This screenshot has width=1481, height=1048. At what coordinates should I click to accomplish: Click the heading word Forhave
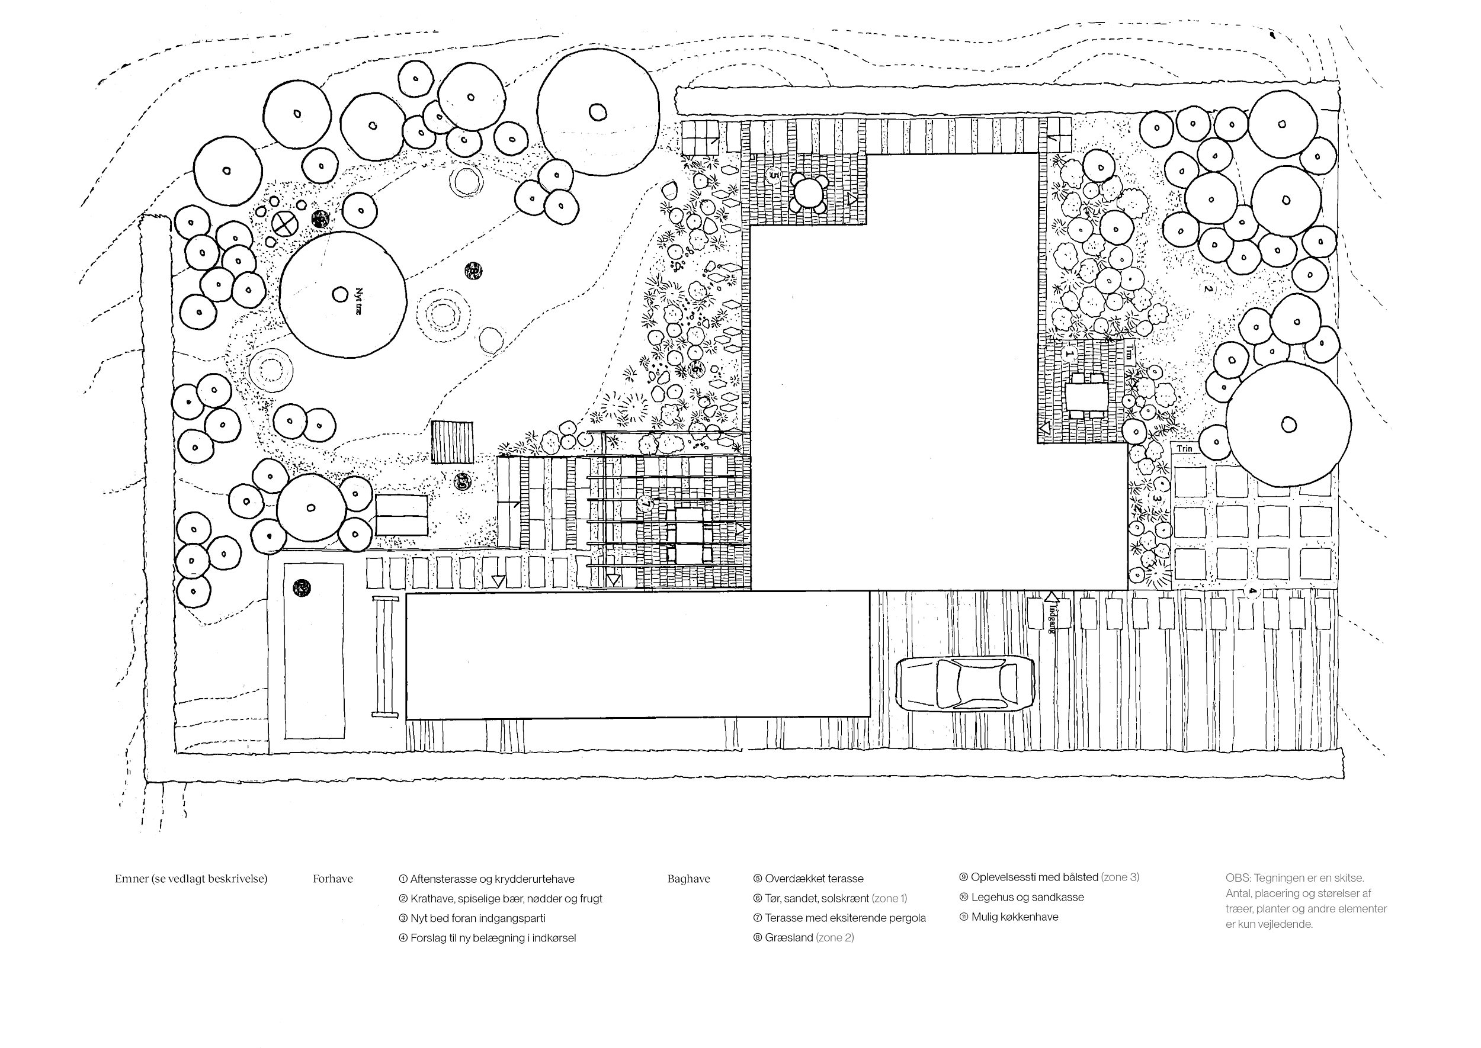(x=333, y=879)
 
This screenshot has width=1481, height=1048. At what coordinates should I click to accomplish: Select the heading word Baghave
(x=688, y=879)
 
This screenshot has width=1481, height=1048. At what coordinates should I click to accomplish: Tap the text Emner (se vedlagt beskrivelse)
(x=191, y=879)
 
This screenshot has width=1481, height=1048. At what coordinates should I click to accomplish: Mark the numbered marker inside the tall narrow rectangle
(x=301, y=587)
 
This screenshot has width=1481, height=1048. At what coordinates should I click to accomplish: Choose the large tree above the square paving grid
(x=1288, y=424)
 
